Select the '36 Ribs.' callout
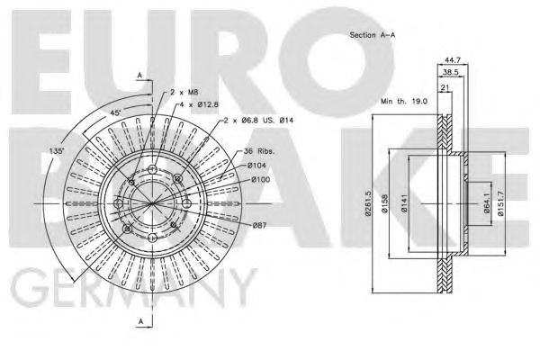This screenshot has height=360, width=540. click(258, 150)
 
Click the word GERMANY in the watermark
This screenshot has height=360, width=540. click(131, 290)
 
